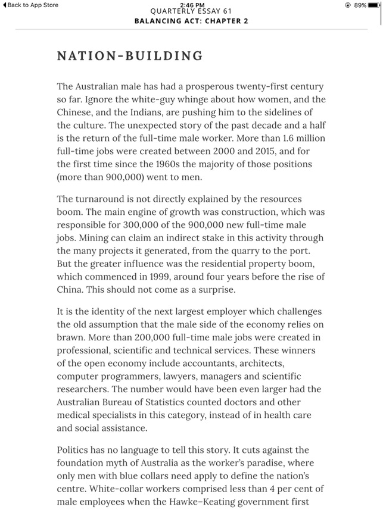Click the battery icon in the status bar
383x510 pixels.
(373, 5)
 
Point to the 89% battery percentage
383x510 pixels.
(359, 5)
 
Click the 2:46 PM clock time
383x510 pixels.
(191, 4)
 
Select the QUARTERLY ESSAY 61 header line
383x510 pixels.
(191, 11)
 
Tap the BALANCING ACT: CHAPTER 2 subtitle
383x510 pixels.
(191, 21)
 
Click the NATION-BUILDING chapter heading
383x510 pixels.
(129, 57)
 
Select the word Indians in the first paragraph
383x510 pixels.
(153, 112)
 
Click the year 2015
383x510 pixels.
(268, 151)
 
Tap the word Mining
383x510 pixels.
(96, 239)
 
